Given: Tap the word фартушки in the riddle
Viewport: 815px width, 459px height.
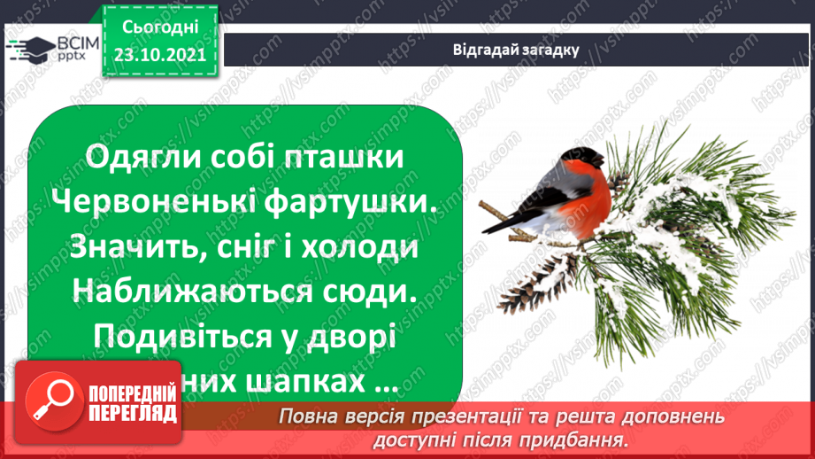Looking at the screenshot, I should [359, 203].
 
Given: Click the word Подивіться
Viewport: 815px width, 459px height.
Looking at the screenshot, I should [183, 340].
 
